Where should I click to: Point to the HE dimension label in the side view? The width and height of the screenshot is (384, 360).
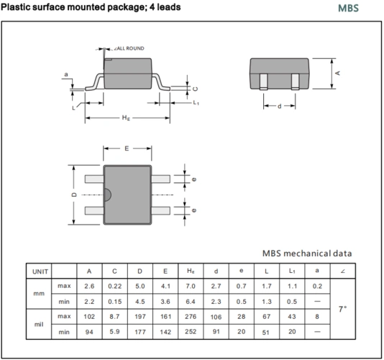click(127, 118)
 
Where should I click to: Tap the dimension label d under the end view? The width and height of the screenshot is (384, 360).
click(280, 107)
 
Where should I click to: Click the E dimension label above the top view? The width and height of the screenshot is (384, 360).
click(127, 148)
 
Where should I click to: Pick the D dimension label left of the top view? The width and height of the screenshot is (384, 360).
click(74, 195)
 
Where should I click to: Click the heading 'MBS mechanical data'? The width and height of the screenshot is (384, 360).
click(306, 253)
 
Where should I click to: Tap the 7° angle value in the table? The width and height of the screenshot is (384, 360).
click(342, 309)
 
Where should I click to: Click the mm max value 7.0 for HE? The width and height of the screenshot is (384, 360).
click(191, 287)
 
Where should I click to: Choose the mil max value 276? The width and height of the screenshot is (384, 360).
click(191, 317)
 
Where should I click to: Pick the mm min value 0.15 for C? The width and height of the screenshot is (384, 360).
click(114, 301)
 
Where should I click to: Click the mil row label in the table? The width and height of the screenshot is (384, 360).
click(39, 324)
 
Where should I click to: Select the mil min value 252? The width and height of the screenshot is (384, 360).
click(191, 332)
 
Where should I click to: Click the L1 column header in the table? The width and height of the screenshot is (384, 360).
click(291, 271)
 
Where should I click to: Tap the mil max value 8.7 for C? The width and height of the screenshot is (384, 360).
click(114, 317)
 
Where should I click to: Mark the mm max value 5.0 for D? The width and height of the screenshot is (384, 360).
click(140, 287)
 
